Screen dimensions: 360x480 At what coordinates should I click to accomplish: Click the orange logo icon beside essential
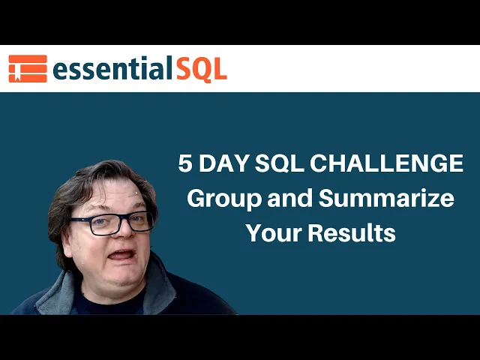(x=28, y=68)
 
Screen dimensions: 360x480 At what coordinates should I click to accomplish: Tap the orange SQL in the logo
(x=201, y=69)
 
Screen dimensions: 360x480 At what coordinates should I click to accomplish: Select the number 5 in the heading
(x=185, y=164)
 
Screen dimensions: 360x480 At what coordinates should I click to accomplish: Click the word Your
(x=273, y=234)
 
